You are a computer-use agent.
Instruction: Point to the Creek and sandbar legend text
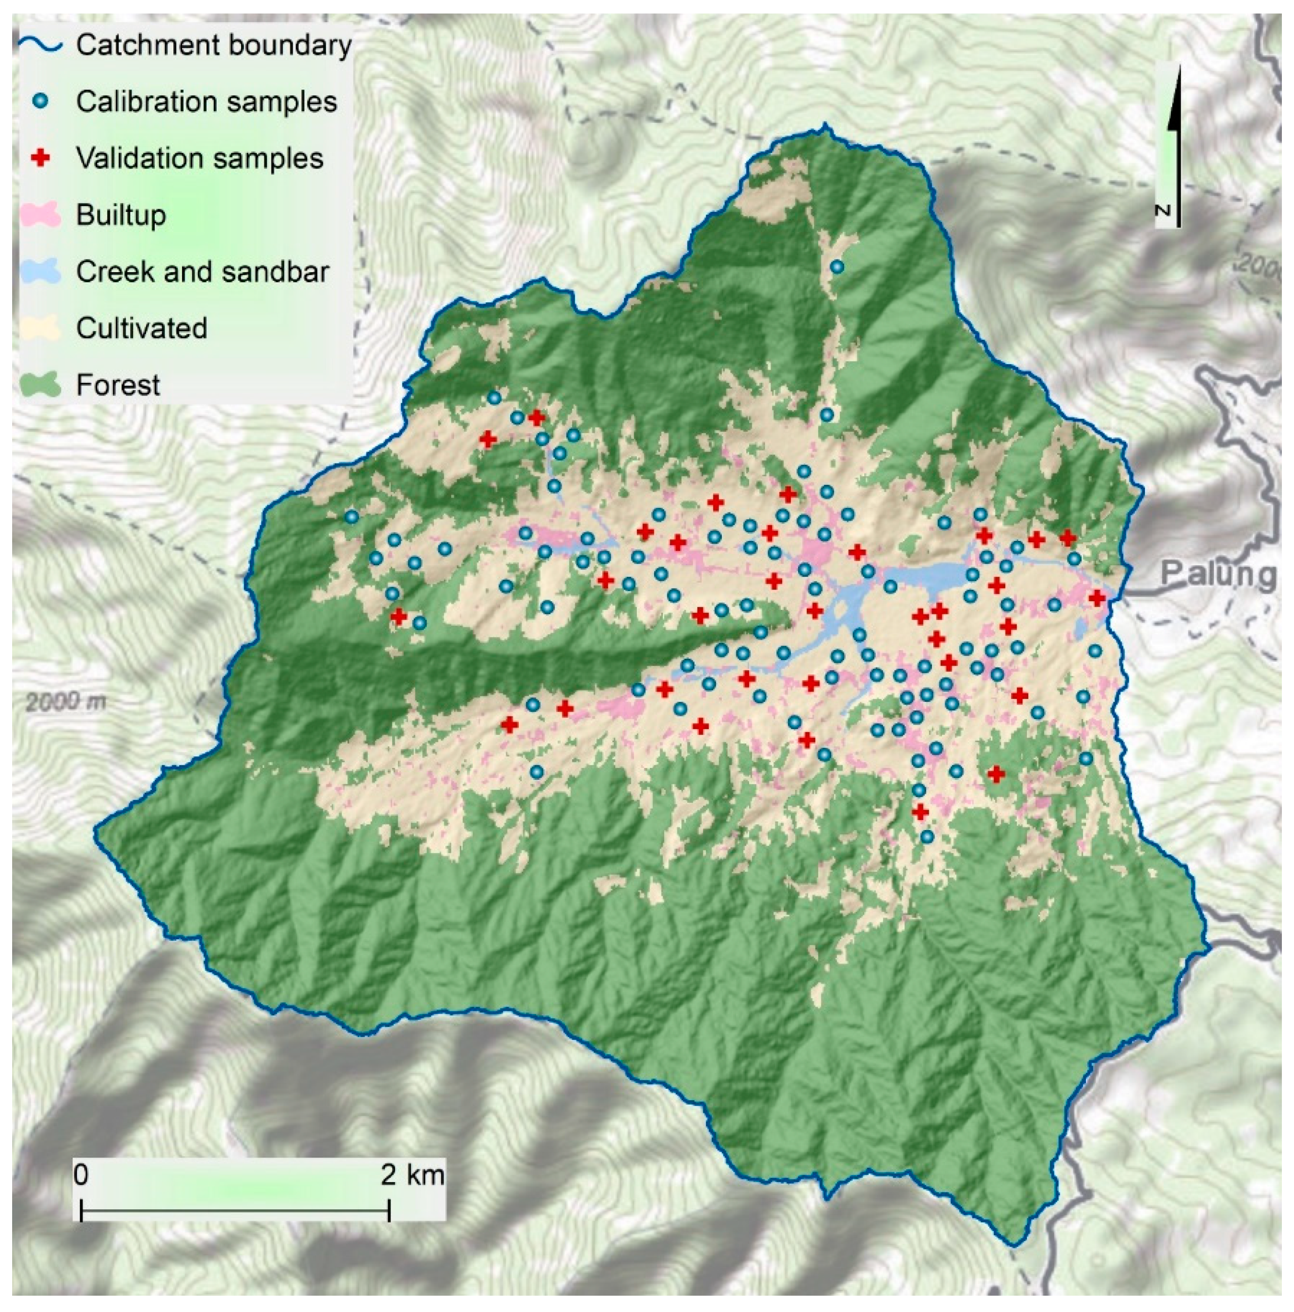tap(202, 272)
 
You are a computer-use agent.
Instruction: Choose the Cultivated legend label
tap(141, 328)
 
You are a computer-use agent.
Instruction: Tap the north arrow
tap(1173, 136)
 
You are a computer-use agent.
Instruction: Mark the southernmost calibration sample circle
tap(926, 837)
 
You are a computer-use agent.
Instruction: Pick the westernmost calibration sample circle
tap(351, 517)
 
